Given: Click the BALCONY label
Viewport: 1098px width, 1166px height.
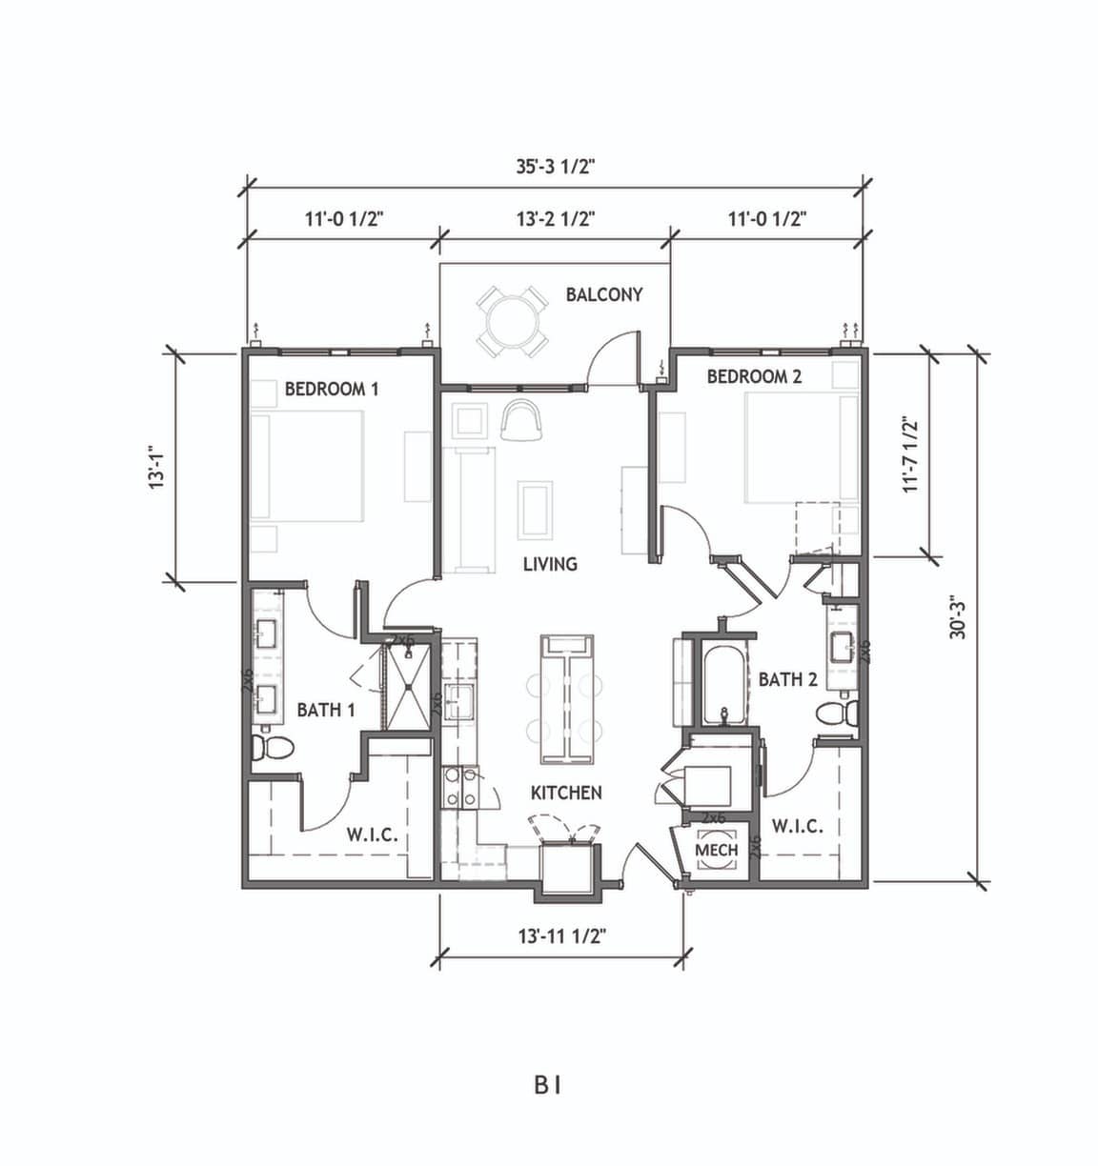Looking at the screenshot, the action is click(604, 294).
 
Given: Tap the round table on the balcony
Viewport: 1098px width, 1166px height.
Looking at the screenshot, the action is click(513, 322).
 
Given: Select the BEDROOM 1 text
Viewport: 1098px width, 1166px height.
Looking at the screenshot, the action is click(332, 389).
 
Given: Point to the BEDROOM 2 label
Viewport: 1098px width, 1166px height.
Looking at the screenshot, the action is click(754, 376).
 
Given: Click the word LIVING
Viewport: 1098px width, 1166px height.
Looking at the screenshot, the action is click(551, 564).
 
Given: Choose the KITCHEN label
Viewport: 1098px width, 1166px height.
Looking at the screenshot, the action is click(566, 794).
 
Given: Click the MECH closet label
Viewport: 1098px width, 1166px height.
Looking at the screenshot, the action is click(716, 850).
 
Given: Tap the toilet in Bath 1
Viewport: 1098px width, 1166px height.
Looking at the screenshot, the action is click(272, 748).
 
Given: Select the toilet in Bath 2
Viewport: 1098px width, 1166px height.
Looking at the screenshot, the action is click(837, 714).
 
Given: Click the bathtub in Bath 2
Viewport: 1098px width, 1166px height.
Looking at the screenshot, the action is click(725, 686).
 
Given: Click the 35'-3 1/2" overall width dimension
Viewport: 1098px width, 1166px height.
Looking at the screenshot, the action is click(556, 167).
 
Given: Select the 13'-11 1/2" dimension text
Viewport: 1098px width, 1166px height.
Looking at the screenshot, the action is click(561, 935).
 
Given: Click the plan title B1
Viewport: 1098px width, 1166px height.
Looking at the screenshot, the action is click(547, 1086).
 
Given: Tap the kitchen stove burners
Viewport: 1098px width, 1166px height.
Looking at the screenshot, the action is click(460, 789).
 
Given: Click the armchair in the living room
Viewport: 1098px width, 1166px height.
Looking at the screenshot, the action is click(522, 419).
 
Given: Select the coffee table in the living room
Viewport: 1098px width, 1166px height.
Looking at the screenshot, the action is click(536, 511).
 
